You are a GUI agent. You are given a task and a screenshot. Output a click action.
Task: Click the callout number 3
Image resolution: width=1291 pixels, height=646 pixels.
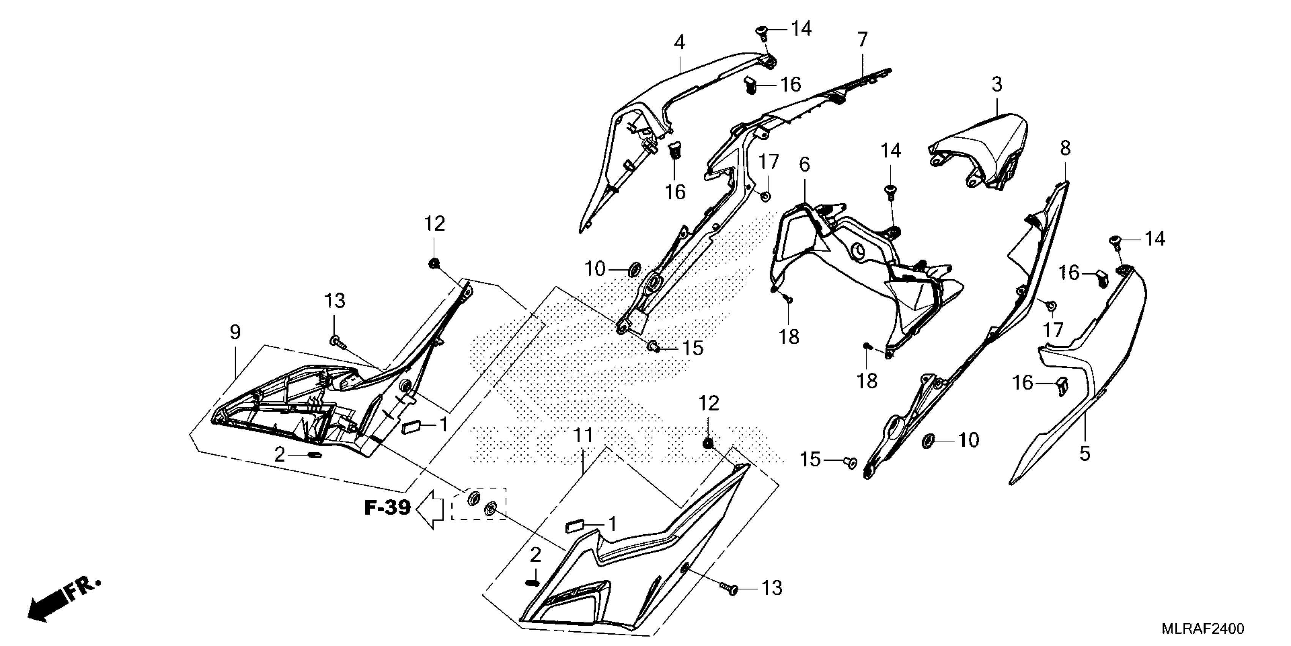(x=997, y=84)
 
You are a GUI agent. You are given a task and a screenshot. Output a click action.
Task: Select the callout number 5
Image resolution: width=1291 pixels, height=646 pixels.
(x=1084, y=454)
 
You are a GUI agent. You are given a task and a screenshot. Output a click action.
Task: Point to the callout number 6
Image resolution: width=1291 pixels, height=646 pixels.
(x=804, y=165)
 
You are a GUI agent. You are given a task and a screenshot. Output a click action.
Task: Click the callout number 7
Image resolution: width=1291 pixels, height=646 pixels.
(x=862, y=40)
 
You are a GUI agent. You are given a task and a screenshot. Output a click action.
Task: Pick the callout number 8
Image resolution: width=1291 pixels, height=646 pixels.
(x=1065, y=149)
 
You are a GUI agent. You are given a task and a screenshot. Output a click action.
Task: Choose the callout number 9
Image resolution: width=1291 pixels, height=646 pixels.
(x=235, y=332)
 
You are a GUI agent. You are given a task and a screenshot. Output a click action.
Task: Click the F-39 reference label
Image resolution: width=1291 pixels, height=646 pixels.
(x=387, y=508)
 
